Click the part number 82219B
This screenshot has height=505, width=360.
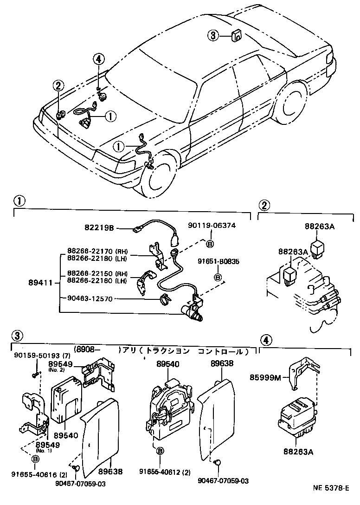pos(100,228)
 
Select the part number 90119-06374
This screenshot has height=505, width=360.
pos(212,226)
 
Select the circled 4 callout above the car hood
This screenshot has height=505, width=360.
pos(98,59)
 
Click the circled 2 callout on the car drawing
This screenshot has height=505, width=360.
pos(58,85)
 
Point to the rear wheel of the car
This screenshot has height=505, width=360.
pos(292,107)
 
